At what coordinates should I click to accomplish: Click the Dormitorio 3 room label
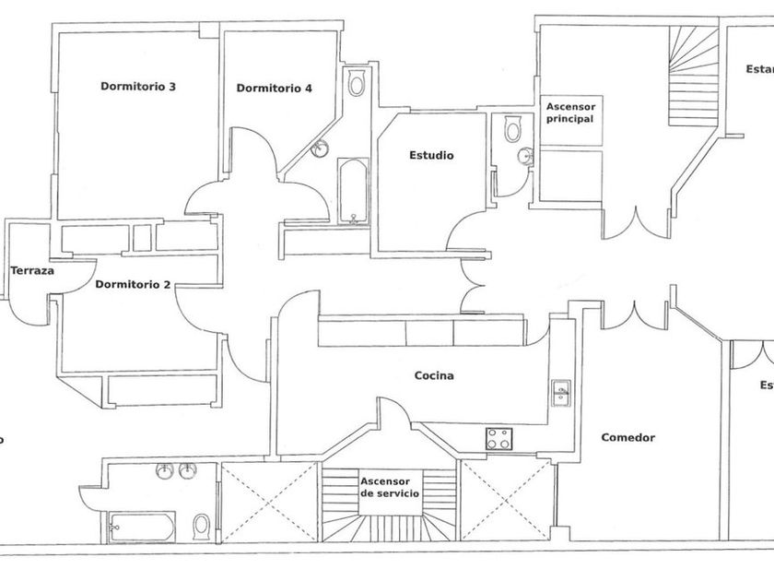coord(138,88)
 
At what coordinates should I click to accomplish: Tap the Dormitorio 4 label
coord(274,89)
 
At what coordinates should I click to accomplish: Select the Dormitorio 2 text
coord(133,284)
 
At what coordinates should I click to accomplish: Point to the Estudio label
coord(431,156)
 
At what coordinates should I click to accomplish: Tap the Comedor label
coord(627,438)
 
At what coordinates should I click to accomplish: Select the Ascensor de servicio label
coord(390,488)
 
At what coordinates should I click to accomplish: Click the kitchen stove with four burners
coord(499,439)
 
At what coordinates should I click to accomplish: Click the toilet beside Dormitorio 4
coord(357,84)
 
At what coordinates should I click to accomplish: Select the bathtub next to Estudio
coord(354,192)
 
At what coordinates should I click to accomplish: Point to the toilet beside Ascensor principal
coord(513,130)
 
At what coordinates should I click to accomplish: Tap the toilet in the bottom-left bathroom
coord(201,526)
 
